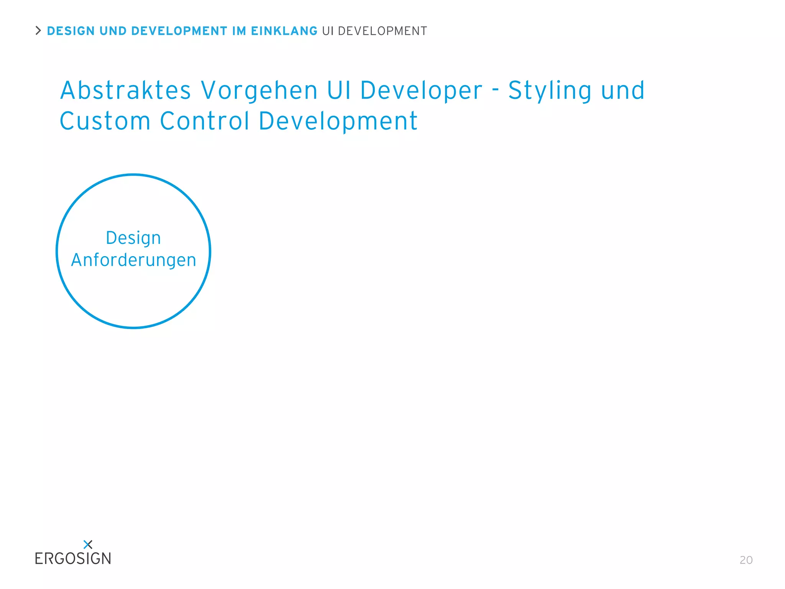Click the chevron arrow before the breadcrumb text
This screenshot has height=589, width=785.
[x=38, y=31]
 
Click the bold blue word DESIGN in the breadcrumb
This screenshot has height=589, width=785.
[x=71, y=31]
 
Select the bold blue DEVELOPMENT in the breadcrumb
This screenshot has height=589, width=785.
[x=179, y=31]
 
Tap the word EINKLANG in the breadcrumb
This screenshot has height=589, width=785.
[x=284, y=31]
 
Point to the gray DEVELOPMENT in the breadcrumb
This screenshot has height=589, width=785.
[x=382, y=31]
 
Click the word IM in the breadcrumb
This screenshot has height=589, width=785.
[x=239, y=31]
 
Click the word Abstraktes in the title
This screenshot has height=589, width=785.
[x=126, y=90]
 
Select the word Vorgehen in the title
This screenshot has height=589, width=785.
[x=259, y=90]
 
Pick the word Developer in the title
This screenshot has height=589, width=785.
[x=421, y=90]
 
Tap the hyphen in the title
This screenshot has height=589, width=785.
[x=496, y=89]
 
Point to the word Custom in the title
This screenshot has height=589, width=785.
[x=105, y=121]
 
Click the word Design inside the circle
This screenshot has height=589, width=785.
[x=133, y=238]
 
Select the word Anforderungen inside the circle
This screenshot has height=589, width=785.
[x=133, y=260]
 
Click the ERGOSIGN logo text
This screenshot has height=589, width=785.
[x=73, y=559]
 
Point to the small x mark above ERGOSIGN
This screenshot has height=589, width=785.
[x=88, y=545]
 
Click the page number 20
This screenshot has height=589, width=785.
[x=746, y=560]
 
